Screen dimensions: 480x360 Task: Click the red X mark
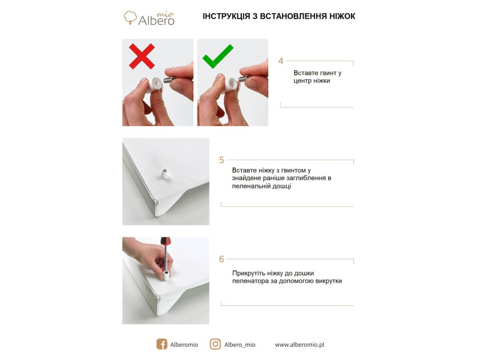142,56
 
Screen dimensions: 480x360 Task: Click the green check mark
218,56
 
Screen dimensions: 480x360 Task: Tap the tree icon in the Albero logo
130,17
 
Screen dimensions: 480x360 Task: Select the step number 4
281,61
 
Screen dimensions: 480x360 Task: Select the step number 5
221,160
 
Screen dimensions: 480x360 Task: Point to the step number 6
221,259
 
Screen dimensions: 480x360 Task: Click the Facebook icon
161,344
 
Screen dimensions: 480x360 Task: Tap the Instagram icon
215,344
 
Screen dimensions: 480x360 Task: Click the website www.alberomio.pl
299,344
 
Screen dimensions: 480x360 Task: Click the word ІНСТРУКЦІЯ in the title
226,16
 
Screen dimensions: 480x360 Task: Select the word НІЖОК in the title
342,16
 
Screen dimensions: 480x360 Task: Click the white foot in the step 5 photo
164,174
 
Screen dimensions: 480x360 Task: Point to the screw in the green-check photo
245,78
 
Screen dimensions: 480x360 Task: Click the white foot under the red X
154,85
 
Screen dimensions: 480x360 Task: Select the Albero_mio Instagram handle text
239,344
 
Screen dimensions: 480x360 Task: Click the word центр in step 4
302,81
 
